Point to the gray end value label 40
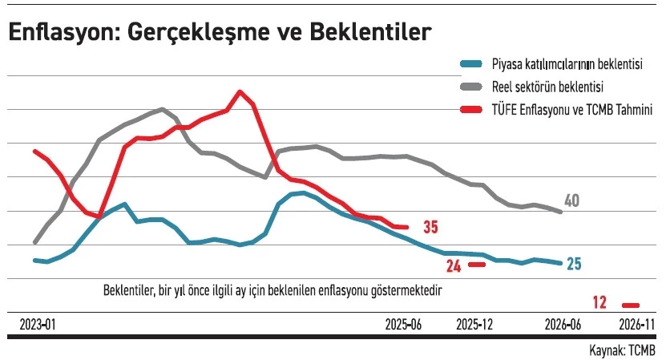[x=571, y=200]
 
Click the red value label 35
[x=430, y=228]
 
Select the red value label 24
[x=454, y=265]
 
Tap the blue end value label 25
[x=574, y=264]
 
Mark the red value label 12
[x=600, y=303]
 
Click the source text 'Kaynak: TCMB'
[x=622, y=350]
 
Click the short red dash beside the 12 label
[x=632, y=305]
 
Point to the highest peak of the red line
[x=240, y=91]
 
